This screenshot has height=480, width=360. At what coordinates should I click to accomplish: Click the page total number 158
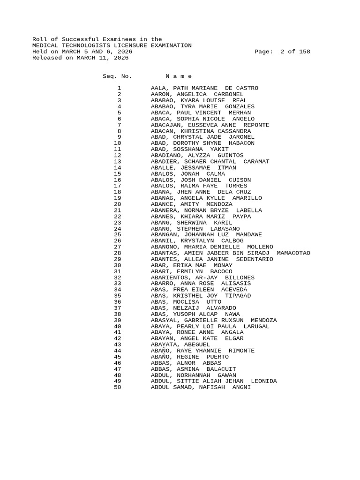304,52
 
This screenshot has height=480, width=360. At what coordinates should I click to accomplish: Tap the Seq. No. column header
117,76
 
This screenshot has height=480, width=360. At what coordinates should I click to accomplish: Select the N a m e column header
179,76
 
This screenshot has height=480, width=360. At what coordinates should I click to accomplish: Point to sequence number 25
118,234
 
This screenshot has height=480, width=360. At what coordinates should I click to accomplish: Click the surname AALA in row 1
158,88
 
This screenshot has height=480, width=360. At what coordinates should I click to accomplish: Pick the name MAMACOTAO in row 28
293,253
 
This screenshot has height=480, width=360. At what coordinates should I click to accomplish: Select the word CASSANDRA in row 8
234,131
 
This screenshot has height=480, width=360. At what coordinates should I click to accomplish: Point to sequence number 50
118,387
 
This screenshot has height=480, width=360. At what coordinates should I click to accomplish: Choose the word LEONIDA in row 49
264,381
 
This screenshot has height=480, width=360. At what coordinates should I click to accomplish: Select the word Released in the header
47,58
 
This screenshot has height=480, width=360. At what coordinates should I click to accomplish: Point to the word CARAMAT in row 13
256,161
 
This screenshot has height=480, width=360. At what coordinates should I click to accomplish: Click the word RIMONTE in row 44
241,350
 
